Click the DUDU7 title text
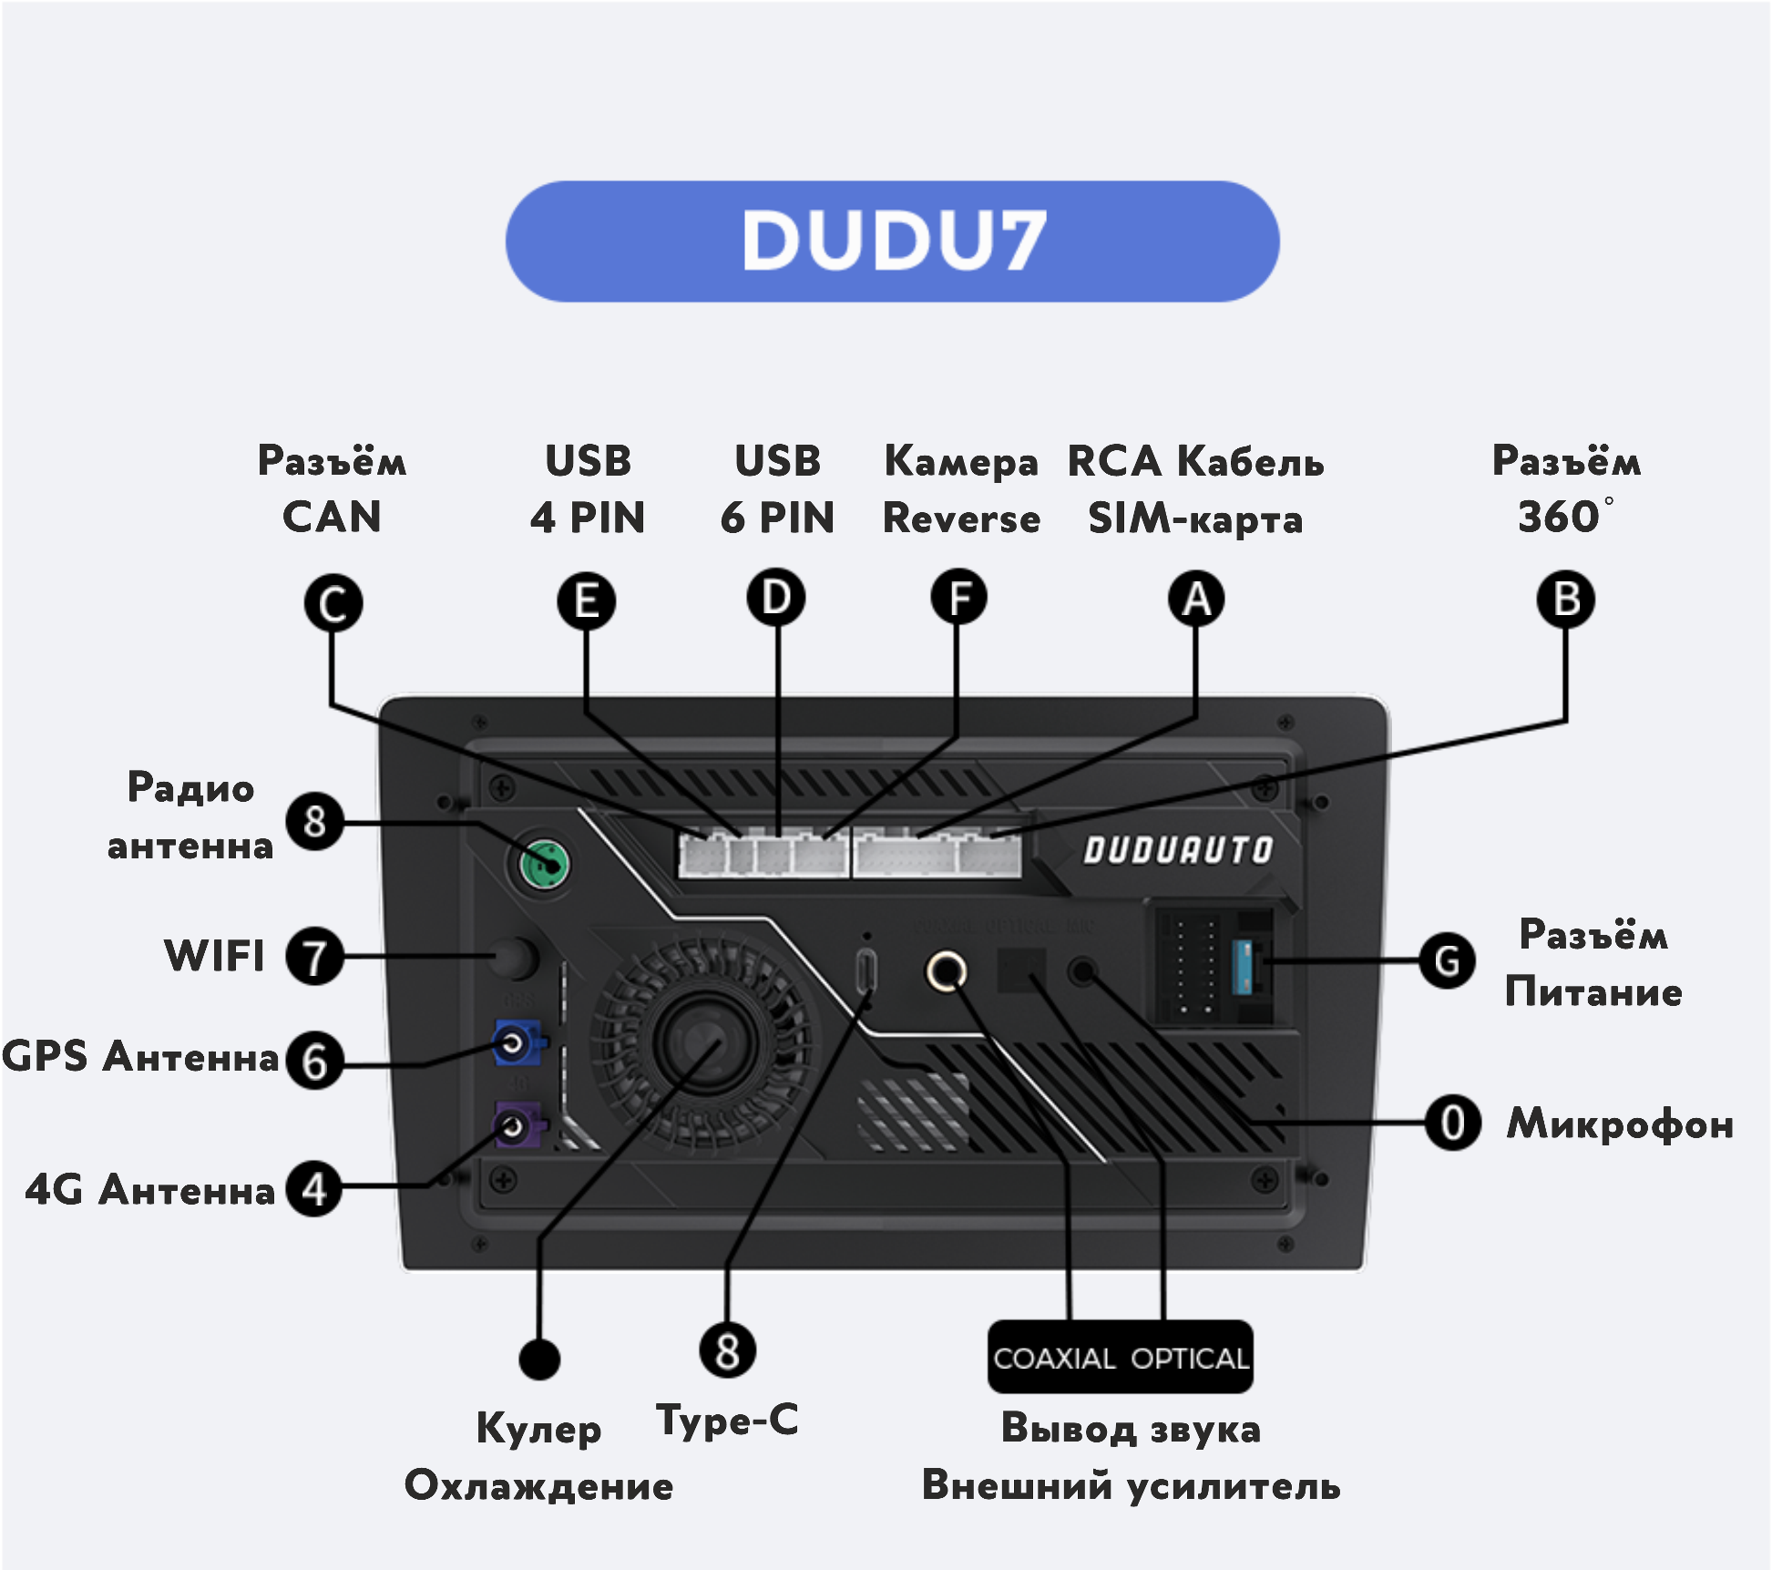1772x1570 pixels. tap(893, 241)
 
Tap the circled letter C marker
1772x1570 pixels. tap(333, 603)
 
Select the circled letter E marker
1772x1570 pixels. tap(587, 601)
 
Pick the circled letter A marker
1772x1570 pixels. tap(1196, 600)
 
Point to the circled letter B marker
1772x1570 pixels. tap(1565, 600)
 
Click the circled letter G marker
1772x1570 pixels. tap(1447, 960)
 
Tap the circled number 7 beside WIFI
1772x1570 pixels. tap(314, 957)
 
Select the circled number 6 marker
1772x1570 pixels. tap(314, 1061)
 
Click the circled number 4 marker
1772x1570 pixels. tap(314, 1189)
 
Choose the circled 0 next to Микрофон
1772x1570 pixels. tap(1452, 1123)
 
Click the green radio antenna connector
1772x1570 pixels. tap(545, 864)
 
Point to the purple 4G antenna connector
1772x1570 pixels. tap(516, 1126)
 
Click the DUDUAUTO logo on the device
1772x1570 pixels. tap(1177, 850)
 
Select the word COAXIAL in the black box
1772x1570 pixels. tap(1054, 1359)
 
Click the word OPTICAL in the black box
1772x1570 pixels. tap(1189, 1359)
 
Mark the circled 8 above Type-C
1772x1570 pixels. tap(727, 1350)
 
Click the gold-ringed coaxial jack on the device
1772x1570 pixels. tap(947, 971)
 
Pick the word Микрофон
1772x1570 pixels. tap(1620, 1124)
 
